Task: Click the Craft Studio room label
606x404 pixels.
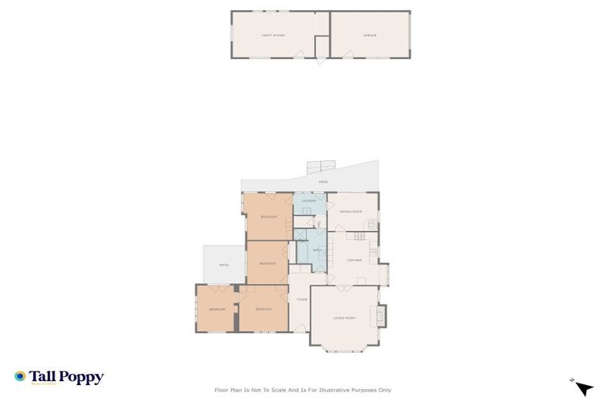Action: tap(273, 36)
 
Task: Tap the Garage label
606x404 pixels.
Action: tap(368, 36)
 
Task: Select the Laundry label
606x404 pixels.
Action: tap(309, 201)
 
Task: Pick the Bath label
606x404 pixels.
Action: tap(317, 250)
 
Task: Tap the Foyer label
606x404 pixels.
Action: tap(301, 300)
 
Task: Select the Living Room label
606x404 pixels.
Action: tap(344, 318)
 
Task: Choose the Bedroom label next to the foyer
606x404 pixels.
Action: tap(264, 309)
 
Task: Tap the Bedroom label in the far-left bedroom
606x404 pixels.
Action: tap(217, 309)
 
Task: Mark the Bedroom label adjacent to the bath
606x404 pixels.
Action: tap(267, 263)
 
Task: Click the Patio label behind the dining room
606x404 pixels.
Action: tap(323, 182)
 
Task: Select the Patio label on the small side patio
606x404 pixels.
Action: tap(224, 264)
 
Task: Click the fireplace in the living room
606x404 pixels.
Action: tap(383, 315)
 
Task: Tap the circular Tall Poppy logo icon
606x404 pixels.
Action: tap(20, 377)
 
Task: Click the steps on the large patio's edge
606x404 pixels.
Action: tap(320, 166)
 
